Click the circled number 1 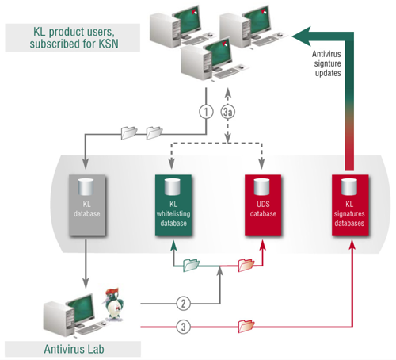pyautogui.click(x=206, y=112)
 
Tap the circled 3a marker pyautogui.click(x=228, y=112)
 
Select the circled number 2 pyautogui.click(x=183, y=304)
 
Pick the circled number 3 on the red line pyautogui.click(x=183, y=327)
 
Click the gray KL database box pyautogui.click(x=87, y=205)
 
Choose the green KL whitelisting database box pyautogui.click(x=173, y=205)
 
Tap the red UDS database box pyautogui.click(x=263, y=205)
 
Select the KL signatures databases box pyautogui.click(x=350, y=205)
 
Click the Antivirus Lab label pyautogui.click(x=74, y=349)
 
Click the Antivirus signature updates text pyautogui.click(x=327, y=63)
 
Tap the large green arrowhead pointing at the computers pyautogui.click(x=302, y=36)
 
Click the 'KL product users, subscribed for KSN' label pyautogui.click(x=73, y=37)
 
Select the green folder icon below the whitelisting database pyautogui.click(x=191, y=265)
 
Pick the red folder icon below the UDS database pyautogui.click(x=246, y=265)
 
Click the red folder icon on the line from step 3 pyautogui.click(x=246, y=326)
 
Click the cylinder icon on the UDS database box pyautogui.click(x=261, y=186)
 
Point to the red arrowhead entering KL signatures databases pyautogui.click(x=353, y=244)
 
